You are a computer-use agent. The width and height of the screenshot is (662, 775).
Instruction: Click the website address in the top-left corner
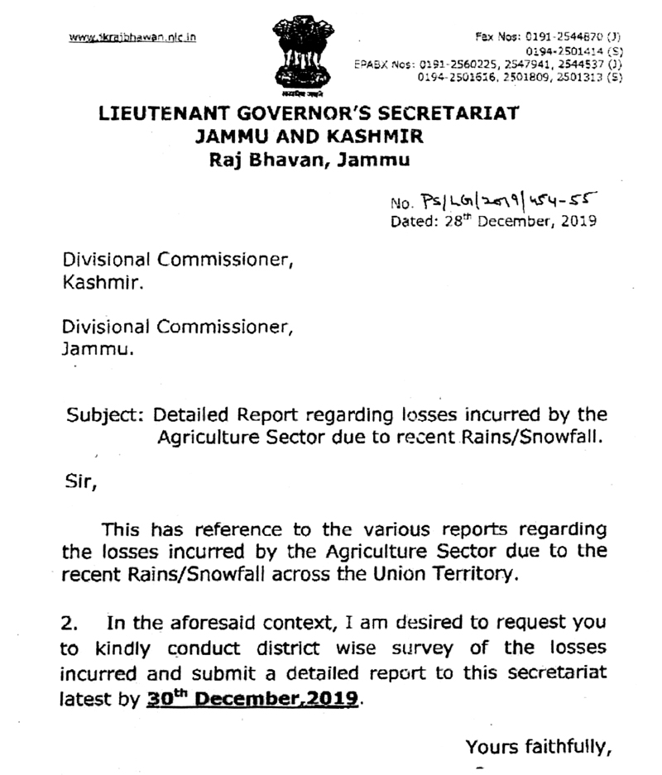132,37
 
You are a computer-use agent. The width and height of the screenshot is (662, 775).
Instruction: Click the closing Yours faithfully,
538,747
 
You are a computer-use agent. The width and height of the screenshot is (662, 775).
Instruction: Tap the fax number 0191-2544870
562,37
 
